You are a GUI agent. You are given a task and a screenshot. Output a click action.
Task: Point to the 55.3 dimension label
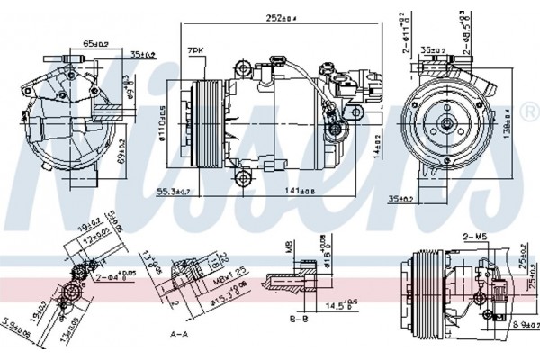[174, 192]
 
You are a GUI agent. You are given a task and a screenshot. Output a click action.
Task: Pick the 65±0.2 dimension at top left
[94, 41]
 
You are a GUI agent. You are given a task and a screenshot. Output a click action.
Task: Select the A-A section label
[180, 334]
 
